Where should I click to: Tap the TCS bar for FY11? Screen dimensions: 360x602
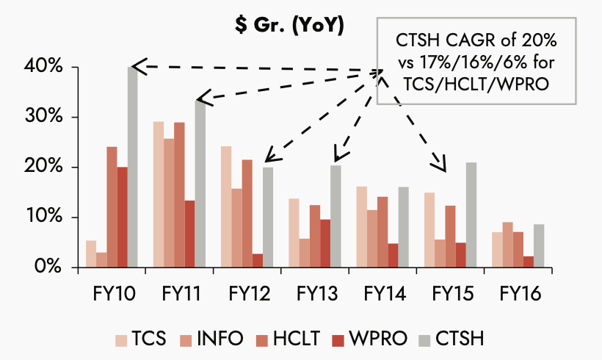(159, 194)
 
